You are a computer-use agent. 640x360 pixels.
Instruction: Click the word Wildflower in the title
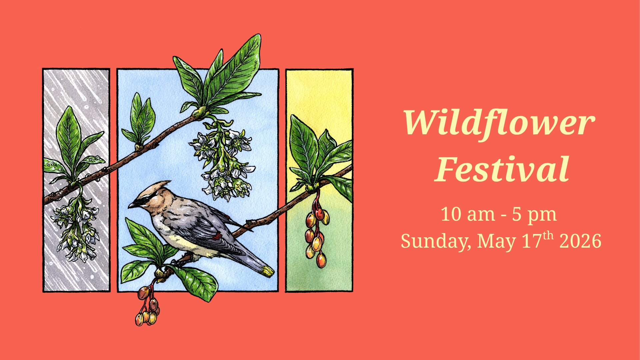(499, 122)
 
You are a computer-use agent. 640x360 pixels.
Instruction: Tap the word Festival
(502, 169)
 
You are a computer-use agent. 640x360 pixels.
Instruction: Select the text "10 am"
(468, 214)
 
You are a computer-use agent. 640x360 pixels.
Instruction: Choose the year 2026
(580, 241)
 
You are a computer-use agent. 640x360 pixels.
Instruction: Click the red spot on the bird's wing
(217, 237)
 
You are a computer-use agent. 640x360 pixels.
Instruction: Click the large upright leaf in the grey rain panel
(69, 140)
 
